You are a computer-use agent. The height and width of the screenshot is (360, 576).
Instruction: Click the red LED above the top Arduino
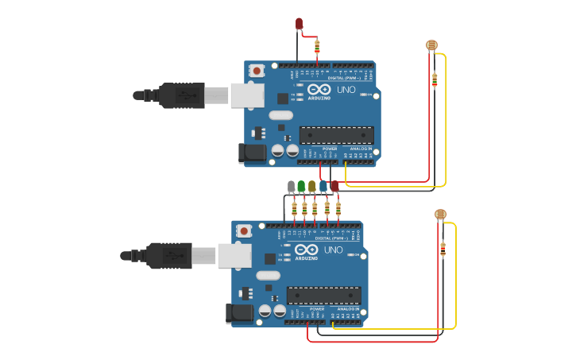pyautogui.click(x=299, y=25)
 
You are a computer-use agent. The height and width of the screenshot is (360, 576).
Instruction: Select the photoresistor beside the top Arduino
pyautogui.click(x=431, y=45)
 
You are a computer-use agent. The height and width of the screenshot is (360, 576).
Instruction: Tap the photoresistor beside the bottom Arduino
pyautogui.click(x=440, y=214)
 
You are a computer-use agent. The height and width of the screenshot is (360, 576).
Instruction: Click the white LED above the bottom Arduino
pyautogui.click(x=292, y=187)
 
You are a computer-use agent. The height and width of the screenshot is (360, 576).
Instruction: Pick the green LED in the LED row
pyautogui.click(x=301, y=187)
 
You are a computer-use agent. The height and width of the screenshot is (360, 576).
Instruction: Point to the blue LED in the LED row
pyautogui.click(x=323, y=187)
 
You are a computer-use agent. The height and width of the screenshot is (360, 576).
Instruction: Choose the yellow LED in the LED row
pyautogui.click(x=311, y=187)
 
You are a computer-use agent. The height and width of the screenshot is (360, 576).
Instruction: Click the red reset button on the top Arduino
pyautogui.click(x=257, y=71)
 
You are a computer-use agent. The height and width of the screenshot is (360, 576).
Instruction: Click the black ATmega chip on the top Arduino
pyautogui.click(x=336, y=135)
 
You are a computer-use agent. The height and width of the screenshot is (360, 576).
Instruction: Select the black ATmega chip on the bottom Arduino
pyautogui.click(x=323, y=295)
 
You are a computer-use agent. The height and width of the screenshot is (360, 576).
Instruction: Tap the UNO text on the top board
pyautogui.click(x=346, y=90)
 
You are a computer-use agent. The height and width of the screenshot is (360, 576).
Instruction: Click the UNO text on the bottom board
pyautogui.click(x=334, y=250)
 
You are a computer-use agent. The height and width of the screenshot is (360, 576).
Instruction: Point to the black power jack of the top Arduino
pyautogui.click(x=253, y=153)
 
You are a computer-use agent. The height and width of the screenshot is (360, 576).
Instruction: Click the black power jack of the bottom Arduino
pyautogui.click(x=240, y=312)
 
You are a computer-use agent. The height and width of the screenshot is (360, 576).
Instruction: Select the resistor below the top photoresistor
pyautogui.click(x=435, y=79)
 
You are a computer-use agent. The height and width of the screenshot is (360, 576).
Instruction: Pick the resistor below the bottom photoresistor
pyautogui.click(x=443, y=250)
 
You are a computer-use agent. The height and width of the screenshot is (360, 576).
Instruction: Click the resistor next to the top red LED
pyautogui.click(x=317, y=47)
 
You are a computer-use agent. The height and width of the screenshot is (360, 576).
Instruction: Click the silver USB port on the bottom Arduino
pyautogui.click(x=234, y=255)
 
